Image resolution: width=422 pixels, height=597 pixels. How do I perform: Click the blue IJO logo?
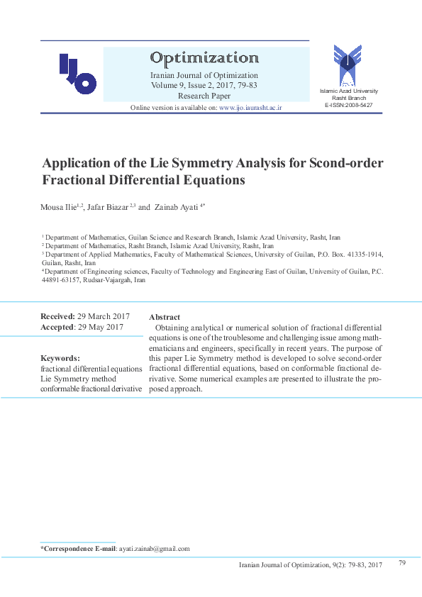pyautogui.click(x=77, y=74)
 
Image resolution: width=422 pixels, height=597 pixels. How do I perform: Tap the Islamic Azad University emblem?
pyautogui.click(x=348, y=65)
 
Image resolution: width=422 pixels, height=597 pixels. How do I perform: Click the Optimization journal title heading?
pyautogui.click(x=204, y=57)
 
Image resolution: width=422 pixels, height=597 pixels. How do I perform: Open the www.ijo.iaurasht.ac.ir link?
pyautogui.click(x=250, y=107)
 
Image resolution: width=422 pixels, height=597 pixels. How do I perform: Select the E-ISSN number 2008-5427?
pyautogui.click(x=357, y=104)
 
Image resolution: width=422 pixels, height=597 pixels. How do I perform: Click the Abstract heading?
pyautogui.click(x=165, y=317)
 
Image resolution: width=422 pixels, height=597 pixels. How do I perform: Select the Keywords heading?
pyautogui.click(x=60, y=358)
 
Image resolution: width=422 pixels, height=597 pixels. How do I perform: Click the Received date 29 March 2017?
pyautogui.click(x=104, y=316)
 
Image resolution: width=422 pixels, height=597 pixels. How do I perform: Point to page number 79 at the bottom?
pyautogui.click(x=401, y=562)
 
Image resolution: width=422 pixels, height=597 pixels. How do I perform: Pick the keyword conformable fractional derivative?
pyautogui.click(x=91, y=389)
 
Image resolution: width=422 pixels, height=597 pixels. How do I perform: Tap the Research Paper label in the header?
pyautogui.click(x=204, y=94)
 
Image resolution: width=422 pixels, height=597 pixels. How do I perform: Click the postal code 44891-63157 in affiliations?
pyautogui.click(x=60, y=280)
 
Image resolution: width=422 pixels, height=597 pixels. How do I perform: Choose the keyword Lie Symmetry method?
pyautogui.click(x=78, y=379)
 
